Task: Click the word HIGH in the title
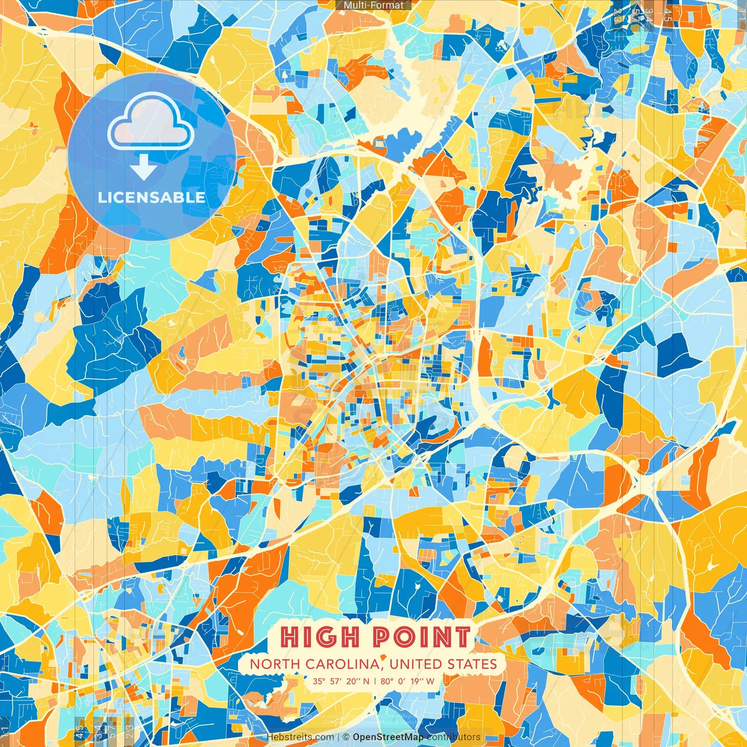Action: [x=319, y=637]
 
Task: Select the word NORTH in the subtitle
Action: [x=272, y=664]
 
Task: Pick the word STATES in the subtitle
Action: [x=472, y=664]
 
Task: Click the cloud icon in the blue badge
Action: [x=151, y=122]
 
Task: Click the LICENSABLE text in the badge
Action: [x=152, y=197]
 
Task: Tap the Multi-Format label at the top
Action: [x=373, y=5]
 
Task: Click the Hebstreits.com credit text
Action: [x=301, y=737]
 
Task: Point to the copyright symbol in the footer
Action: [x=346, y=737]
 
